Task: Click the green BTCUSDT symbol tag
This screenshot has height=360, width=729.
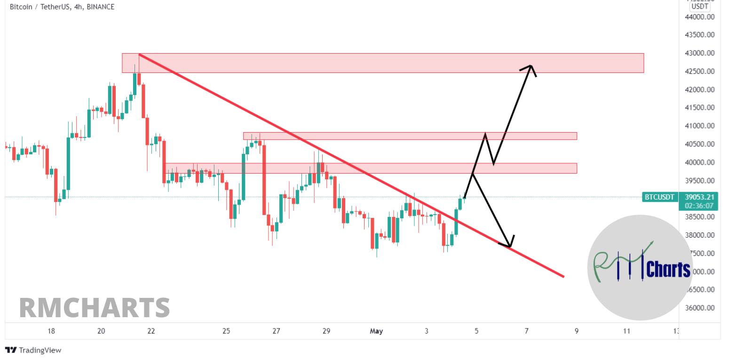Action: coord(659,197)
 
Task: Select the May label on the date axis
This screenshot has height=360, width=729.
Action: coord(376,331)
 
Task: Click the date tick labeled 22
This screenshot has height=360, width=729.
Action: coord(151,331)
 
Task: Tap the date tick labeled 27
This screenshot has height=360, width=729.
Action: coord(276,331)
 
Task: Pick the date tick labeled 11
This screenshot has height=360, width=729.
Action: coord(626,331)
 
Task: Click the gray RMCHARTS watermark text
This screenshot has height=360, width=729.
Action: coord(95,307)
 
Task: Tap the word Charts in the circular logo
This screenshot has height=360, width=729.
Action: coord(668,270)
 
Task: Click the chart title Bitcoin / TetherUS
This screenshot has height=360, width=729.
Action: coord(39,7)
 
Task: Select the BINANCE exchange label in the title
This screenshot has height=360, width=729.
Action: coord(101,7)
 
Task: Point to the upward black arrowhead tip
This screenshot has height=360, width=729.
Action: coord(531,66)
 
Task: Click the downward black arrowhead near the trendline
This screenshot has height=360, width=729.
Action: coord(509,246)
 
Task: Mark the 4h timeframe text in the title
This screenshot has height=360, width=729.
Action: coord(78,7)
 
